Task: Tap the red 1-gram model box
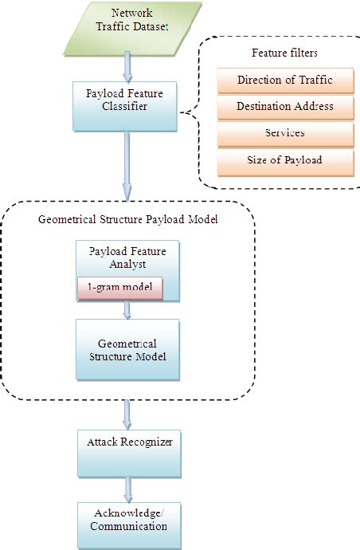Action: click(119, 289)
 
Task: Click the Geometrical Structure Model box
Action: click(127, 349)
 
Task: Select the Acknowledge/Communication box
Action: click(127, 520)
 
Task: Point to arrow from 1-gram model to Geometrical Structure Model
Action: click(127, 309)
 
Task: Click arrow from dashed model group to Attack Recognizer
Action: click(127, 412)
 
